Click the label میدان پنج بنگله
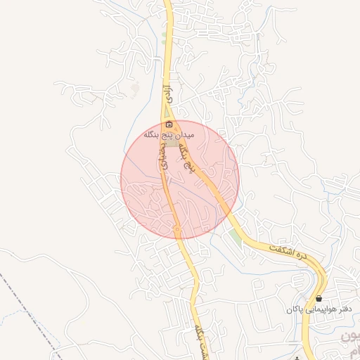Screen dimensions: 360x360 (x=174, y=133)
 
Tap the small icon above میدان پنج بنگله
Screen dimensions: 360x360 (x=169, y=124)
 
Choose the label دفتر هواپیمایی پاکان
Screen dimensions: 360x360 (x=319, y=309)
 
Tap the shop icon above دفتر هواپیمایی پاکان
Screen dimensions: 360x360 (x=319, y=299)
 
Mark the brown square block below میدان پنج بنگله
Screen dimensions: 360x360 (x=172, y=142)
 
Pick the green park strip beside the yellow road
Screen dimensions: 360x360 (x=234, y=237)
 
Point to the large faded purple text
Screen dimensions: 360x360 (x=350, y=345)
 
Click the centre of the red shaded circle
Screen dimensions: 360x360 (x=180, y=180)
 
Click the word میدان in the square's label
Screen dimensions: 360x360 (x=194, y=133)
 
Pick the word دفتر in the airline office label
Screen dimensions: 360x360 (x=342, y=309)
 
